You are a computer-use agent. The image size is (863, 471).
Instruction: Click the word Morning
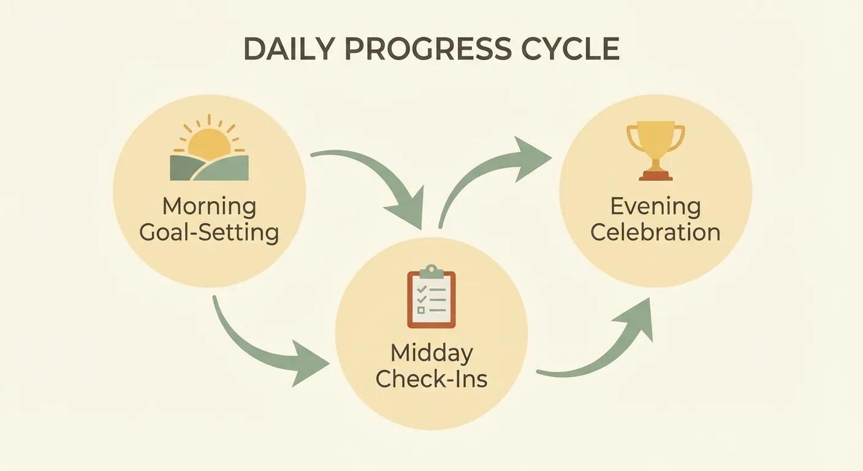[209, 207]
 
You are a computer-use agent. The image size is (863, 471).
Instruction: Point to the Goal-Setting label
[209, 233]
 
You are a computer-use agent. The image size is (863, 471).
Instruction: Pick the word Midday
[431, 353]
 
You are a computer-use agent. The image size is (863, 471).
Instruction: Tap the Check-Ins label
[431, 379]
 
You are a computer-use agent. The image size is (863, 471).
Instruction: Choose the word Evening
[655, 207]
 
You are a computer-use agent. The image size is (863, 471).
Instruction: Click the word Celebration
[655, 233]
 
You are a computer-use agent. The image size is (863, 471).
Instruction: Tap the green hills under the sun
[209, 168]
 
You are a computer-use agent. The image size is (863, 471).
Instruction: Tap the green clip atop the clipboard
[431, 270]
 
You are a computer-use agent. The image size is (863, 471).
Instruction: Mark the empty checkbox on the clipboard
[420, 310]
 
